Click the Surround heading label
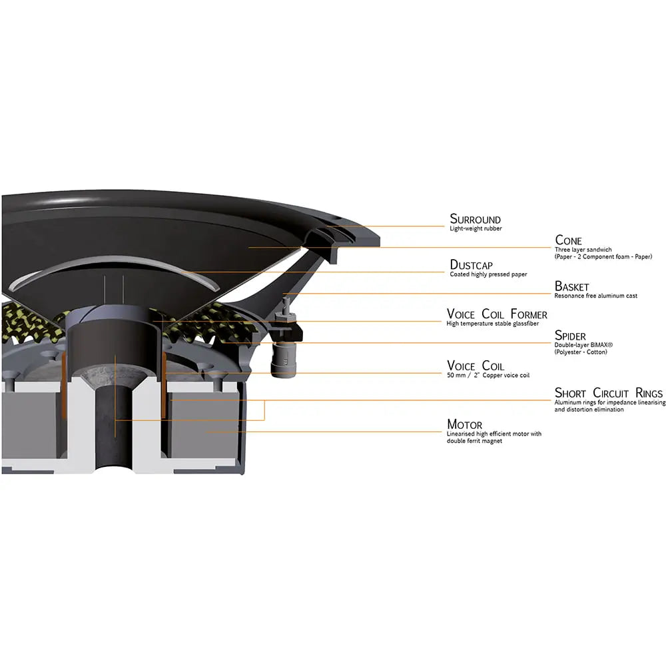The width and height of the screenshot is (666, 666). click(x=475, y=219)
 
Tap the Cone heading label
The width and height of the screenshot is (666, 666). click(x=568, y=240)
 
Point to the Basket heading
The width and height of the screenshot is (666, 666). click(x=571, y=286)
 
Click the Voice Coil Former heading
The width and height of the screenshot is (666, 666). click(x=497, y=314)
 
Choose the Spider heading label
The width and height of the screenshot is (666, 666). click(x=570, y=336)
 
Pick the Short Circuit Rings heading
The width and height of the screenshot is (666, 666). click(x=608, y=393)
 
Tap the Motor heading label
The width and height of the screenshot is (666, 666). click(x=465, y=424)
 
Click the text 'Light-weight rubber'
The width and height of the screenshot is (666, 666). click(x=476, y=228)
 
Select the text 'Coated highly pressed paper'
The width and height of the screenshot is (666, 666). click(x=488, y=274)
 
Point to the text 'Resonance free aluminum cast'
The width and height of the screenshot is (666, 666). click(x=596, y=296)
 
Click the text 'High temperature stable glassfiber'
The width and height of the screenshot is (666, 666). click(x=493, y=324)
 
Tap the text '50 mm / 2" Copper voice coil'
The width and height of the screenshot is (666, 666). click(x=488, y=376)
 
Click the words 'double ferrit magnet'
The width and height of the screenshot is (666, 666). click(x=474, y=441)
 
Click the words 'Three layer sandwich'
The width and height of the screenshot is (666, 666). click(x=583, y=250)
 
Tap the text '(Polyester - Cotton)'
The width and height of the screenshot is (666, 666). click(x=581, y=352)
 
